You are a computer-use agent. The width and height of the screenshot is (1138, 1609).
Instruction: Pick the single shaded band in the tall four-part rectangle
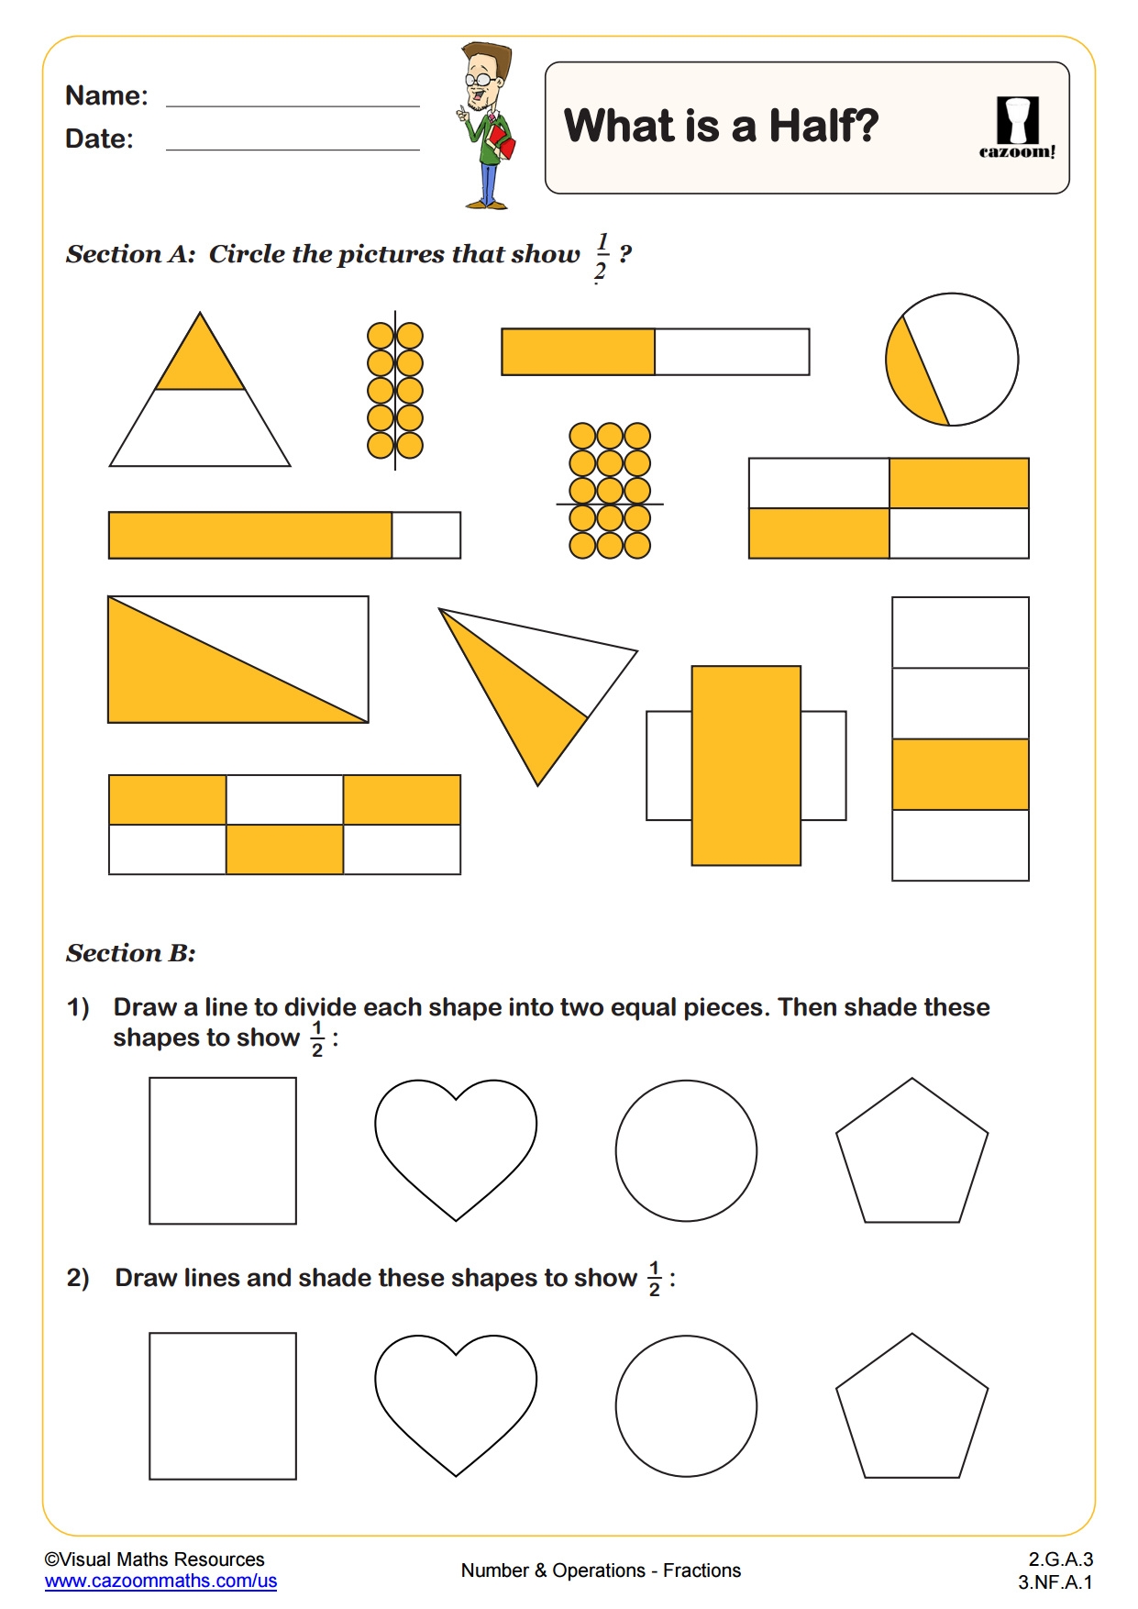[x=960, y=774]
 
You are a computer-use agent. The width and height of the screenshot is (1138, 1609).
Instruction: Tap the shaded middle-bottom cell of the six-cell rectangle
[x=284, y=849]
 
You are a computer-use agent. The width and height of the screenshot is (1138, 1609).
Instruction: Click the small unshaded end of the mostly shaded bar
[x=426, y=535]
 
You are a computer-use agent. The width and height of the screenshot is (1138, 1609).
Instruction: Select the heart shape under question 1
[x=456, y=1142]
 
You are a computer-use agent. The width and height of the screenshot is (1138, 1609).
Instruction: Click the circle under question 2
[x=686, y=1405]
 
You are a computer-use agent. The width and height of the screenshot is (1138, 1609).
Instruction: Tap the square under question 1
[x=223, y=1150]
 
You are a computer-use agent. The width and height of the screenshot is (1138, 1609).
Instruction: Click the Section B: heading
[x=131, y=953]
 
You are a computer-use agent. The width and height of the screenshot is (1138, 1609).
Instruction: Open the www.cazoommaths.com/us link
[x=160, y=1581]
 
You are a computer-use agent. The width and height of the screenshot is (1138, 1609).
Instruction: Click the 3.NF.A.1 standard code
[x=1055, y=1581]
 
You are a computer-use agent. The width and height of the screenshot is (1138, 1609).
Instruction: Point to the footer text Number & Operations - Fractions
[x=601, y=1570]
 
